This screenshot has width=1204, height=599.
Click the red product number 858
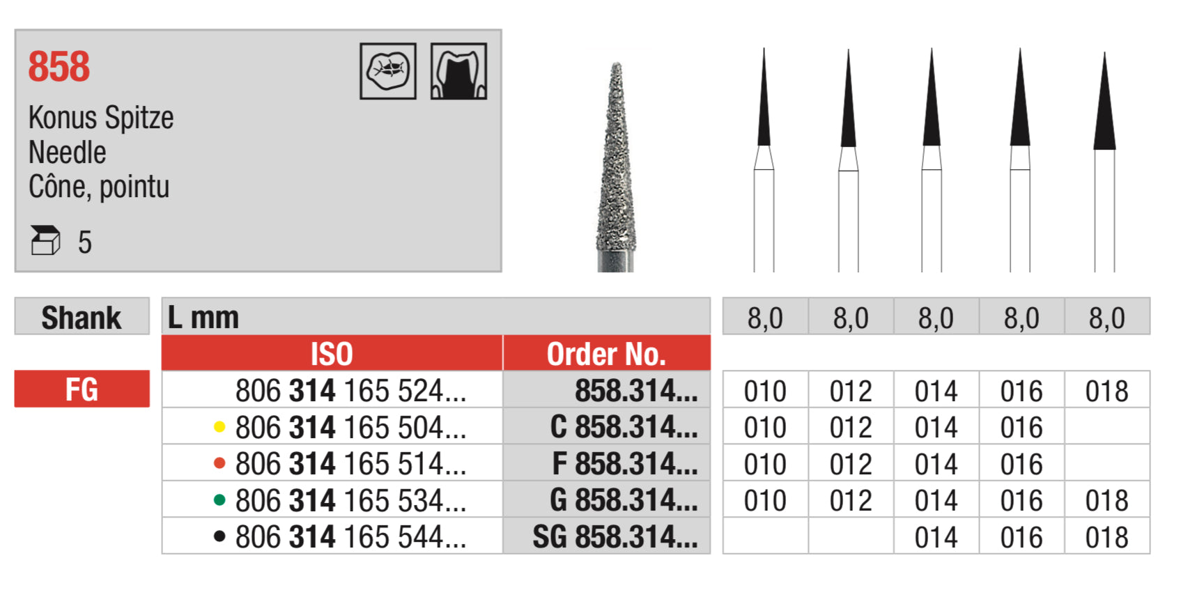pos(59,68)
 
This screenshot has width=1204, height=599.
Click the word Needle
pos(68,153)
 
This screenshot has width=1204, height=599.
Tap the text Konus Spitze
pos(101,118)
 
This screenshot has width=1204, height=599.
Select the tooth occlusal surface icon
pos(388,71)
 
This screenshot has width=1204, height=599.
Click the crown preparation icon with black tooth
pos(458,71)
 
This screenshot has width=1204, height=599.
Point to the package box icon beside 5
pos(45,241)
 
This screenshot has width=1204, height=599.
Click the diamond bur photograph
pos(616,167)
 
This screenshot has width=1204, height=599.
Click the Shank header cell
pos(82,317)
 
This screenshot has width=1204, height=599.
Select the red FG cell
pos(82,389)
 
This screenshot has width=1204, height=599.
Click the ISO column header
pos(332,354)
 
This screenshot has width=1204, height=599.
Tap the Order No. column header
pos(606,354)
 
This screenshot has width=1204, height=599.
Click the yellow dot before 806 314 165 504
pos(219,427)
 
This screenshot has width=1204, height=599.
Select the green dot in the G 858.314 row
pos(219,499)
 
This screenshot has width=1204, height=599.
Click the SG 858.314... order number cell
pos(615,536)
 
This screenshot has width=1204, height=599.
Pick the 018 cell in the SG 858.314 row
pos(1106,536)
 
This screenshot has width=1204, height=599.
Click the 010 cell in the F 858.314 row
pos(765,463)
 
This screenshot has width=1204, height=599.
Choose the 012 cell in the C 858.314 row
pos(851,427)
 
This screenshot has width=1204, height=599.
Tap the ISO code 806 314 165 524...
pos(350,390)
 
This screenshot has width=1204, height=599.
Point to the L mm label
pos(203,318)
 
